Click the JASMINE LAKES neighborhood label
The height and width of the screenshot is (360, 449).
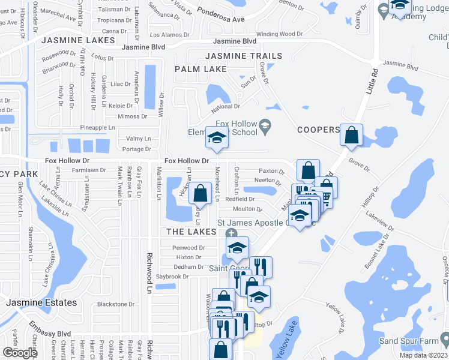pyautogui.click(x=79, y=40)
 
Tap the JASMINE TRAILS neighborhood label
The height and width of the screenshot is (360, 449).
pyautogui.click(x=243, y=56)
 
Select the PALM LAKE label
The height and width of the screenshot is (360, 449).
pyautogui.click(x=200, y=69)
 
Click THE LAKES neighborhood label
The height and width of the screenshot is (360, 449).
pyautogui.click(x=191, y=232)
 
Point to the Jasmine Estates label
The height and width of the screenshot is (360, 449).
pyautogui.click(x=41, y=303)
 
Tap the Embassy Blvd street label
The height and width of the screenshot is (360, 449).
pyautogui.click(x=48, y=334)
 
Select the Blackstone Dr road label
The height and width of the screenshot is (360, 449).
pyautogui.click(x=116, y=304)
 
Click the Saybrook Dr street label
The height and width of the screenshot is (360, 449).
pyautogui.click(x=172, y=277)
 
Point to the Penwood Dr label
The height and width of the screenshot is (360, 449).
pyautogui.click(x=188, y=248)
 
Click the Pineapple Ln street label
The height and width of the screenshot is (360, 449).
pyautogui.click(x=97, y=128)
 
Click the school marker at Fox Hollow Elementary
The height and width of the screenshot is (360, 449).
pyautogui.click(x=216, y=138)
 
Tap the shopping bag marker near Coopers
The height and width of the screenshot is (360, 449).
pyautogui.click(x=351, y=135)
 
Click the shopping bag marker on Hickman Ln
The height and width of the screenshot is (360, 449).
pyautogui.click(x=200, y=193)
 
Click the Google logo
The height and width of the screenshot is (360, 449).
pyautogui.click(x=19, y=353)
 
